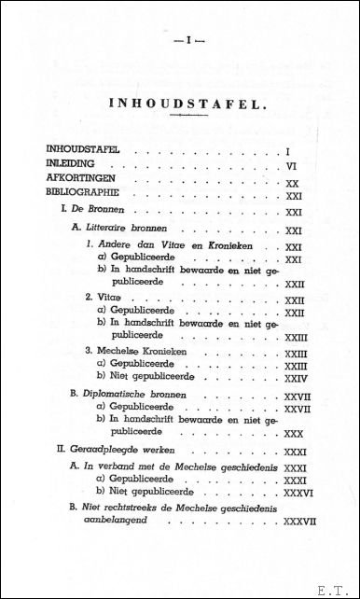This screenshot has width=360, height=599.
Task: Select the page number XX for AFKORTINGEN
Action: tap(292, 184)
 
